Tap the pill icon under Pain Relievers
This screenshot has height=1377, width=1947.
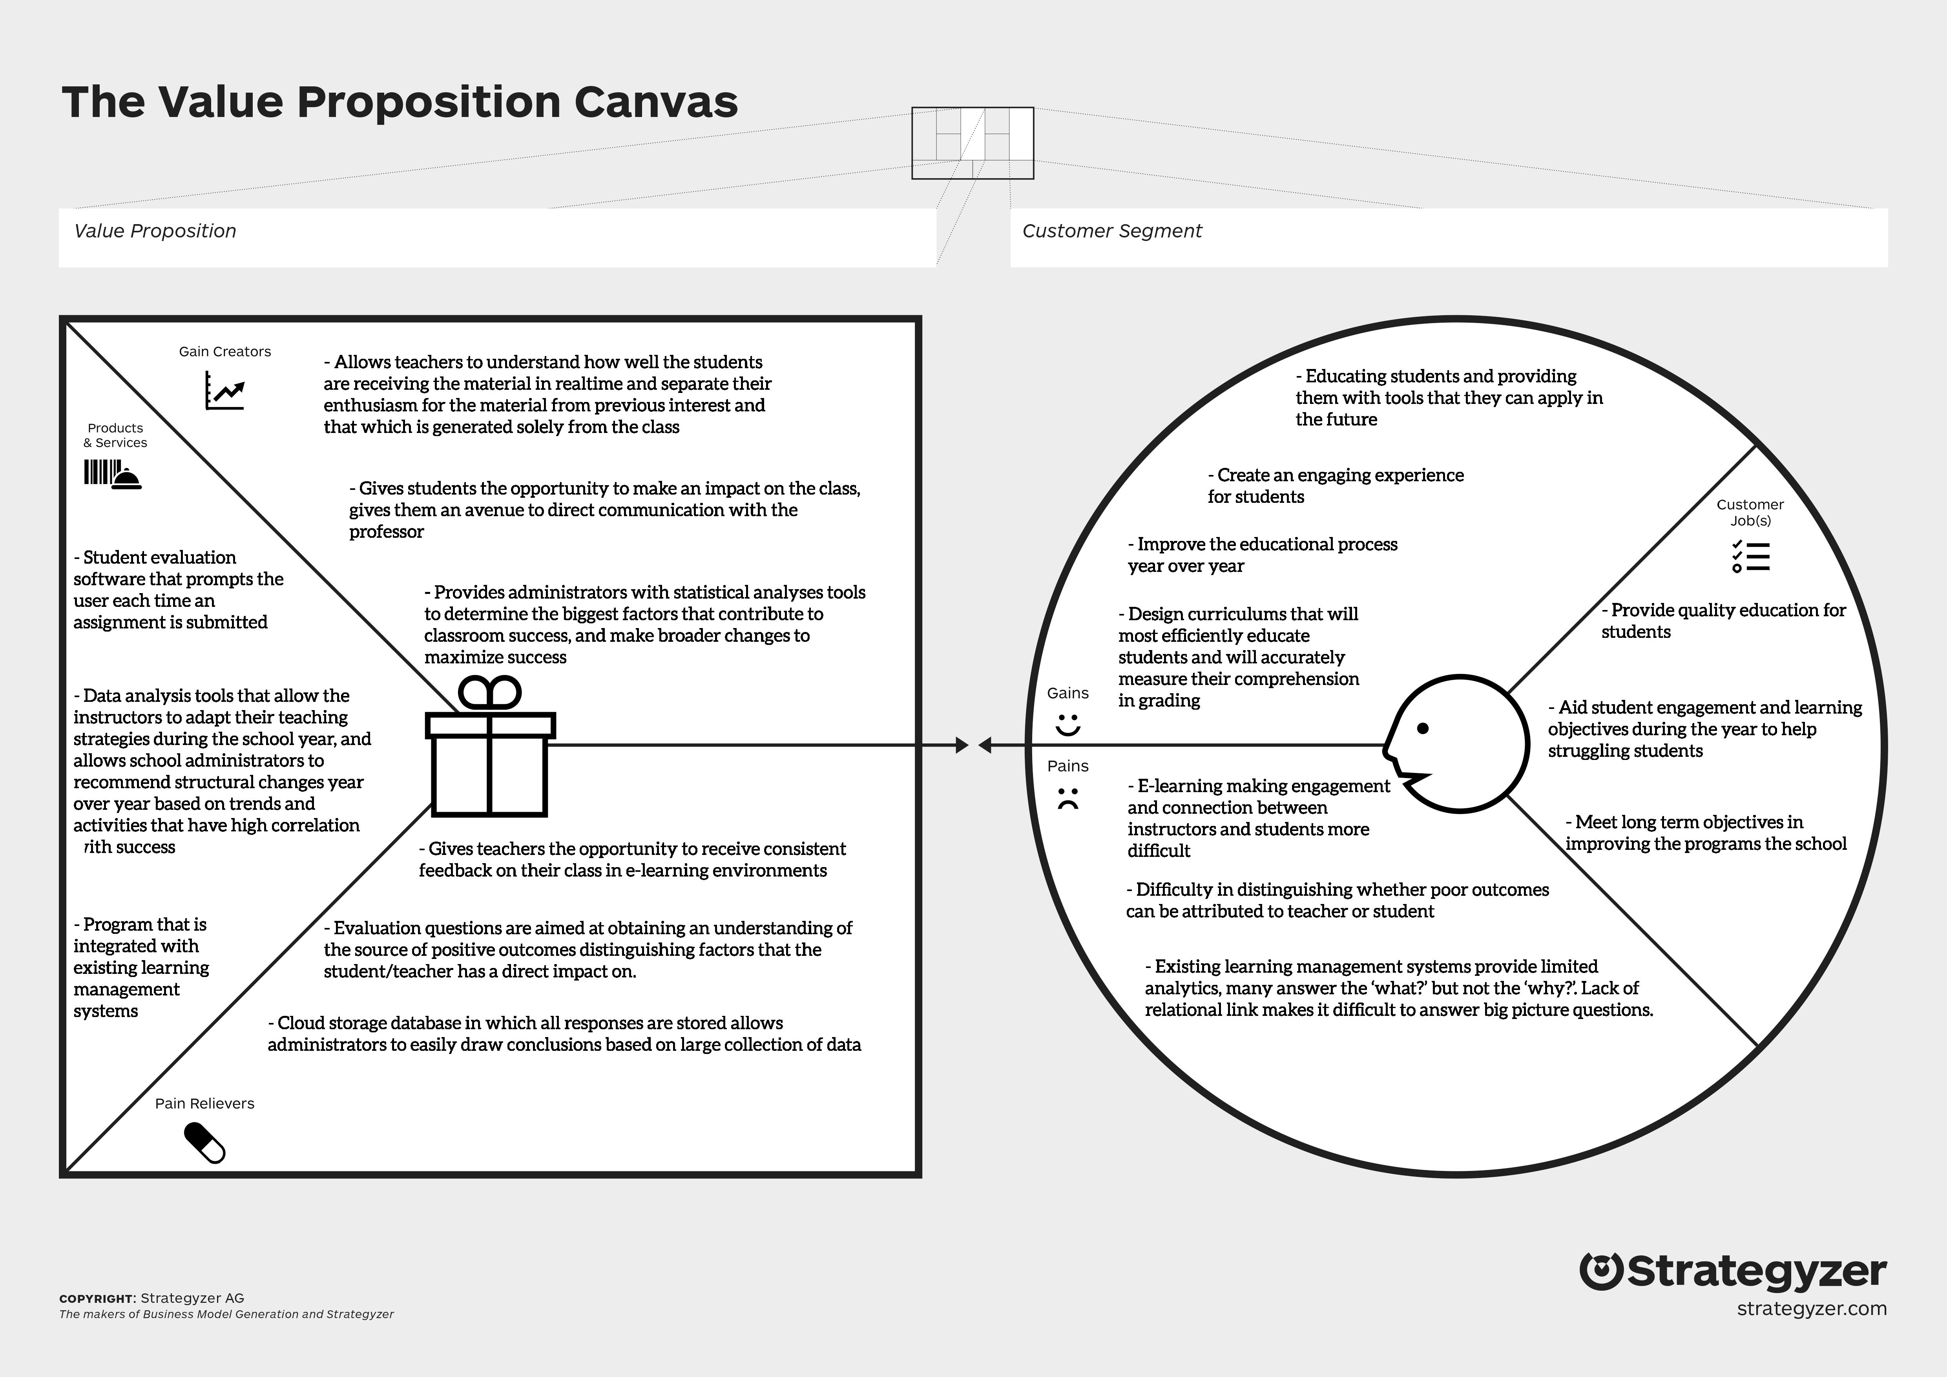point(204,1143)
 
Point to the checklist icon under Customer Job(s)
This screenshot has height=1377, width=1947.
point(1750,556)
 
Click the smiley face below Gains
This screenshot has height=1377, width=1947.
point(1067,725)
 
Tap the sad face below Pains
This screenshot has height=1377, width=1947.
point(1067,799)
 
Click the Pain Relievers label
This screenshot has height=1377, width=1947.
point(204,1103)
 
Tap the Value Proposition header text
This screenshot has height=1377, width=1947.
point(155,231)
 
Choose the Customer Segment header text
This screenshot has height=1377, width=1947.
point(1112,231)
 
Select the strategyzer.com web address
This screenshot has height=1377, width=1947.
point(1811,1308)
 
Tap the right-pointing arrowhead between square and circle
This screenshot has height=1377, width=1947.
point(962,745)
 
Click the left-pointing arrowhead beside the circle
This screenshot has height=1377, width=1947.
point(985,745)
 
